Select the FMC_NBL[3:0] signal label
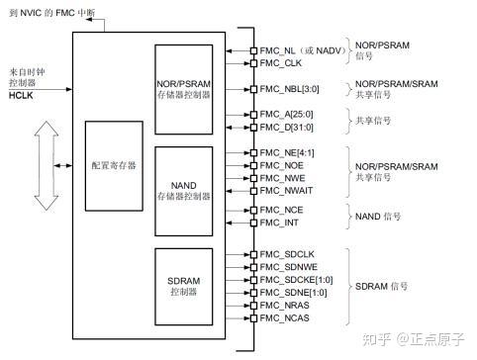[x=289, y=89]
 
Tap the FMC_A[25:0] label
[x=287, y=115]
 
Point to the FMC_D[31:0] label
[x=287, y=127]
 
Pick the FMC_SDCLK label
[x=287, y=255]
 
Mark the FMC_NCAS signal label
[x=284, y=318]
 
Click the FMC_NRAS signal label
[x=284, y=307]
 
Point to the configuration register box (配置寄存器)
[x=114, y=165]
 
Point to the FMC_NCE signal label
[x=280, y=212]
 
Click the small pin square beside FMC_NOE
[x=253, y=166]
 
